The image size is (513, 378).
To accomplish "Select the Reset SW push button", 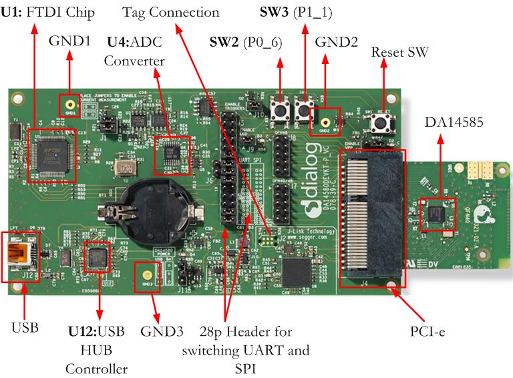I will tap(384, 122).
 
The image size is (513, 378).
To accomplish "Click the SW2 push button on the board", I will tap(281, 109).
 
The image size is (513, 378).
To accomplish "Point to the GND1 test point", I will tap(68, 106).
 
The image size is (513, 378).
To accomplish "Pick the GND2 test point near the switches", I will tap(325, 122).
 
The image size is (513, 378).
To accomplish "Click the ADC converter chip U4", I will tap(171, 154).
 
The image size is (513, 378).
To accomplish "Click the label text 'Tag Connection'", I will tap(170, 12).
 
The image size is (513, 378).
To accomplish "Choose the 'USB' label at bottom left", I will tap(25, 327).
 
